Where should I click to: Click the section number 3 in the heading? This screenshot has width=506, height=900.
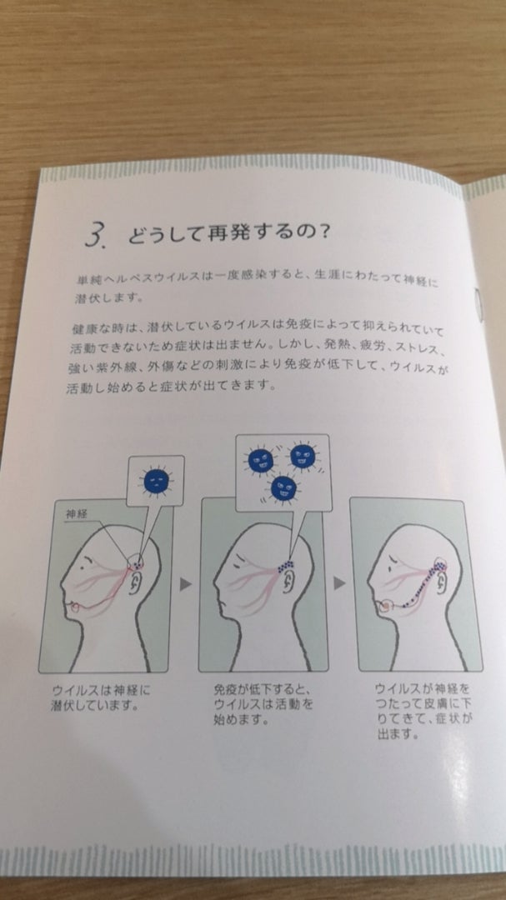94,234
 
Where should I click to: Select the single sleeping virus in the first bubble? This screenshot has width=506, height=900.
156,481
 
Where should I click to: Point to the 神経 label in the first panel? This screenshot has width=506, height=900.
76,514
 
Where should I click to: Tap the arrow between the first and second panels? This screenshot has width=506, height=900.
185,584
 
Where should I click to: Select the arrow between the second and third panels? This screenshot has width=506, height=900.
339,582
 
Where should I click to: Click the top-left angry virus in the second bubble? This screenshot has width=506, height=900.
261,460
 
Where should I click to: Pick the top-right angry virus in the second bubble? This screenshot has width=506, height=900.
303,457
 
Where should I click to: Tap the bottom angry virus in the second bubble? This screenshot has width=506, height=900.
284,487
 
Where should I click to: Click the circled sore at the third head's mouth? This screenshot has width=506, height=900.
385,604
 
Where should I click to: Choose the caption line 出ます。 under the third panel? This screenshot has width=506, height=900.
397,735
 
